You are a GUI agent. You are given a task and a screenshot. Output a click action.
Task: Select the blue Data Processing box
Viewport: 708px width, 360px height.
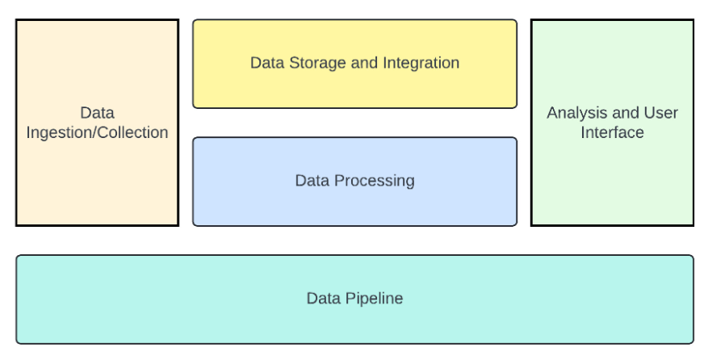(354, 202)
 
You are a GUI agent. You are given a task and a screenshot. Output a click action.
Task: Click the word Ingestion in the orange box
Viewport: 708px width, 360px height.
(61, 133)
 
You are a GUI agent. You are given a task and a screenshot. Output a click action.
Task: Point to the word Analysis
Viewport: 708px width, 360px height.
(575, 113)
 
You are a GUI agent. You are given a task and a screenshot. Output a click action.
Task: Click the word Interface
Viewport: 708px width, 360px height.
(612, 133)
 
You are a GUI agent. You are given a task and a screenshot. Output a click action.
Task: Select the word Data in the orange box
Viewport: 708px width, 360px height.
(97, 113)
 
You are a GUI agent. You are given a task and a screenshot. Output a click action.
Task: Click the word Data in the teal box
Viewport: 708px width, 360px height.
(322, 299)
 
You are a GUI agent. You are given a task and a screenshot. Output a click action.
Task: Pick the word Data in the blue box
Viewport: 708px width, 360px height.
(311, 181)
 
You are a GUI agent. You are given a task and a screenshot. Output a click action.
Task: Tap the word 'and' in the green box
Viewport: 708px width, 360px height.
(624, 113)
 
